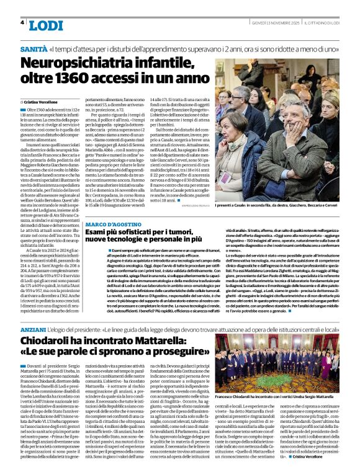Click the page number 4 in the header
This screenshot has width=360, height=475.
(22, 22)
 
